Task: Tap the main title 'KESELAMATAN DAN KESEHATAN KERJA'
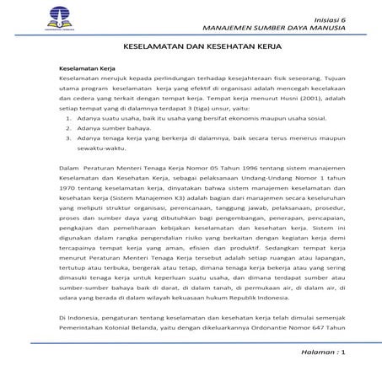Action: pos(191,50)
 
